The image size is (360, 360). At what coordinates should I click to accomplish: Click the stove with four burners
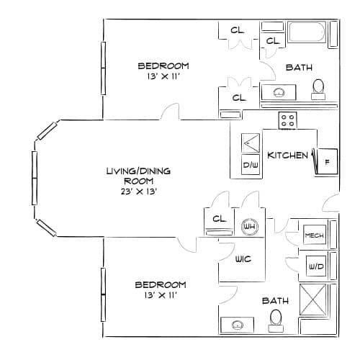click(x=287, y=121)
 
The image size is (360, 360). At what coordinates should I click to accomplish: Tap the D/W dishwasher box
click(x=251, y=164)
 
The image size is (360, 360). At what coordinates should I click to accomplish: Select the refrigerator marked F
click(x=327, y=161)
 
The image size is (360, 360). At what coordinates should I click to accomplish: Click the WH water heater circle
click(x=250, y=226)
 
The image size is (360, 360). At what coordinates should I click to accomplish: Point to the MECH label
click(x=315, y=235)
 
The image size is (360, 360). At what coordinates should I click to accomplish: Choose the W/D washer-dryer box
click(x=316, y=266)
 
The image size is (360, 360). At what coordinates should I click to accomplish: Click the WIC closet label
click(x=243, y=259)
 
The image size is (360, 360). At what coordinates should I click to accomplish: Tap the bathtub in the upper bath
click(x=307, y=32)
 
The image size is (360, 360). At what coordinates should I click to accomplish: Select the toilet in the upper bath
click(x=318, y=89)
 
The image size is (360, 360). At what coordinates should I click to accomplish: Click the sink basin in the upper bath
click(x=279, y=92)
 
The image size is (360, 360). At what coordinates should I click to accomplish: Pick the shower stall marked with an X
click(x=313, y=300)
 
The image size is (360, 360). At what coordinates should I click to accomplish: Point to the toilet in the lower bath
click(x=276, y=320)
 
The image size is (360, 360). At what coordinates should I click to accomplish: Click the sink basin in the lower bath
click(x=238, y=325)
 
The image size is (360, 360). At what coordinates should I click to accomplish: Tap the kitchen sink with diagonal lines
click(x=251, y=143)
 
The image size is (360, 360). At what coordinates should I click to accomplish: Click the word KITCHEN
click(x=287, y=156)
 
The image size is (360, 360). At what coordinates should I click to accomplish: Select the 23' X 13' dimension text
click(x=139, y=192)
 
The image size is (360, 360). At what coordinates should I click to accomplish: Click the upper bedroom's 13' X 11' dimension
click(x=163, y=76)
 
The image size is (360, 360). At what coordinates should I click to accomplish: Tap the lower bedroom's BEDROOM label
click(x=161, y=285)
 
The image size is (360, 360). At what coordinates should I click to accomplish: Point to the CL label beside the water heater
click(x=220, y=219)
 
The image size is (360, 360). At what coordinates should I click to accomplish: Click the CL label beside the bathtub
click(x=273, y=41)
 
